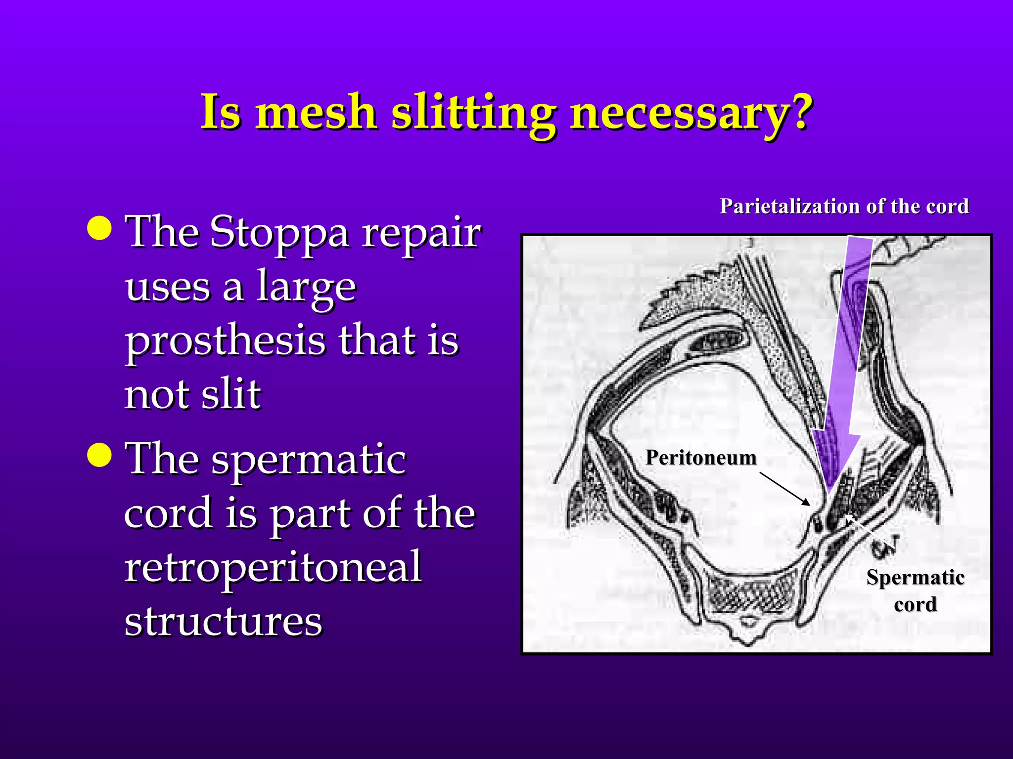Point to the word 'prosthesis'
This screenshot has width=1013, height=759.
[x=225, y=342]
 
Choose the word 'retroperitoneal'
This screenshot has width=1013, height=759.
[x=273, y=567]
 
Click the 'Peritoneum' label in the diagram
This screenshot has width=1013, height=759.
[x=701, y=458]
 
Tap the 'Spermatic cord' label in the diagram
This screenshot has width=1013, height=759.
[x=915, y=590]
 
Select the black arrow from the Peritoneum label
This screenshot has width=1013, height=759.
[x=784, y=489]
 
